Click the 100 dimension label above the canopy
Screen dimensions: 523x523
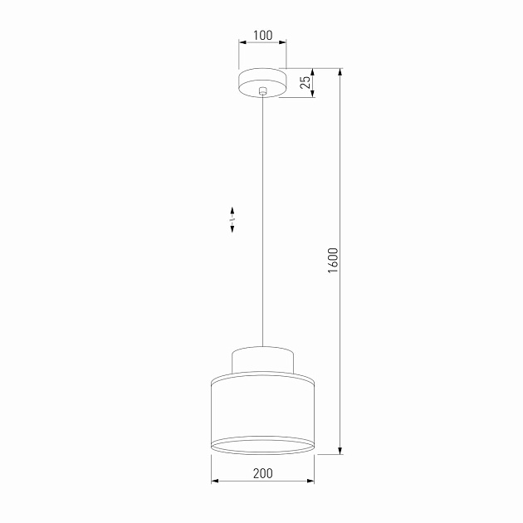tap(262, 35)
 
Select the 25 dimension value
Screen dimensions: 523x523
tap(305, 82)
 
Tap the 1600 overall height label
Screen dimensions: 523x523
tap(332, 262)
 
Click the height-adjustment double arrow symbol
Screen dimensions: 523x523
tap(232, 219)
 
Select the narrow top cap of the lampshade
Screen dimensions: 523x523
tap(262, 360)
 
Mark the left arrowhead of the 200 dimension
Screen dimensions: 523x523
tap(214, 481)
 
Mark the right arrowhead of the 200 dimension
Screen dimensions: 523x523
tap(311, 481)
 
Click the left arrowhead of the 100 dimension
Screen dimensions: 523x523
tap(242, 42)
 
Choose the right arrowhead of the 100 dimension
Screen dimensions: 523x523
tap(282, 42)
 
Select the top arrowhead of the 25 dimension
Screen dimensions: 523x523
tap(313, 71)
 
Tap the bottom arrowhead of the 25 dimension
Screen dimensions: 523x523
tap(313, 94)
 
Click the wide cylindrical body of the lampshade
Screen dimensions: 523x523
tap(262, 407)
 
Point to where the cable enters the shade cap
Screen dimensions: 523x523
tap(262, 345)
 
